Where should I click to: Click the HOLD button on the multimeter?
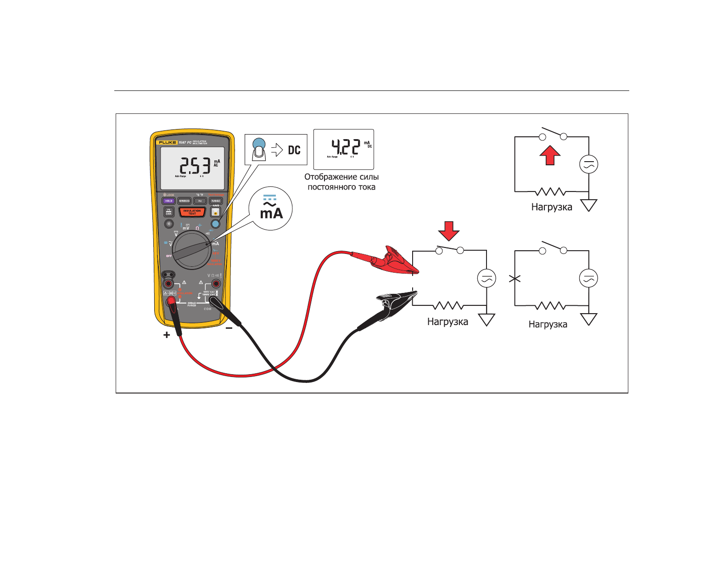169,201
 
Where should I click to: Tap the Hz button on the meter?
200,201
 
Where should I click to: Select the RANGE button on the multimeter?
216,201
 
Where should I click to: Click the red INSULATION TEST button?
192,212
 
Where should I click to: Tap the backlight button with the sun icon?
169,224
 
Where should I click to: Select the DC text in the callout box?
294,150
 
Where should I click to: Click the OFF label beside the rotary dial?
169,256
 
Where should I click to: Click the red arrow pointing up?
550,155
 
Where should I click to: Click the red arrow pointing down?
449,230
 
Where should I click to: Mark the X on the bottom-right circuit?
515,278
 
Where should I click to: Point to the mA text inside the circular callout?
271,214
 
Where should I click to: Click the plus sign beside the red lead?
167,335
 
